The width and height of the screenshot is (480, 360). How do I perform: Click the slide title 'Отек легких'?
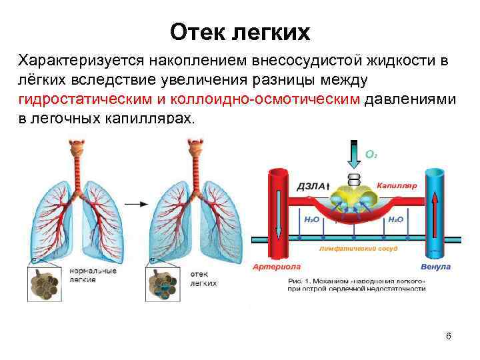240,31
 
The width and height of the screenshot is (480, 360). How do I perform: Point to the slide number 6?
449,335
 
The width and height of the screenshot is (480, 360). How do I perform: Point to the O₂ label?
371,154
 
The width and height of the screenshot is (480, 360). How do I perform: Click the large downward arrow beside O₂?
353,155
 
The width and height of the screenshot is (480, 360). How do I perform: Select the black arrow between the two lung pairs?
136,203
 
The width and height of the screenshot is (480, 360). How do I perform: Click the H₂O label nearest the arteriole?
310,219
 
